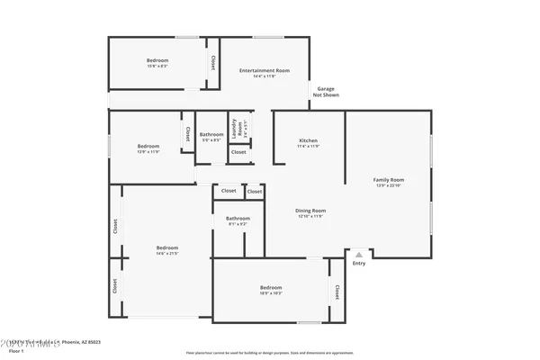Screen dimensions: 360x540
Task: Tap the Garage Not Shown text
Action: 326,91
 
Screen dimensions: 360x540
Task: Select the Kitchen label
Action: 309,141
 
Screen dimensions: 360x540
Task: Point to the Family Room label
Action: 389,180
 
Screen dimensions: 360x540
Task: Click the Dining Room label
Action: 309,211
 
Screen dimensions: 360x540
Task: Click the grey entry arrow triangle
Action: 359,255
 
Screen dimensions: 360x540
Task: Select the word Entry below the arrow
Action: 359,264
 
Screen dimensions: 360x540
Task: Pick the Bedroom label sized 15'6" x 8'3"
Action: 157,60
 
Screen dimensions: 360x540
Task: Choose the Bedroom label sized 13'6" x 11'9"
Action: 148,146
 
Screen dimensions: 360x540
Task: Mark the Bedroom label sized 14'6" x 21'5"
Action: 166,247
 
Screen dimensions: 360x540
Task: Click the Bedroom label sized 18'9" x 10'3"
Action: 271,289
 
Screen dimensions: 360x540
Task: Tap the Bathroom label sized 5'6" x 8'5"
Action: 211,136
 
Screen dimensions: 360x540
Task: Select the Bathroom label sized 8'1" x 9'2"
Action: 238,218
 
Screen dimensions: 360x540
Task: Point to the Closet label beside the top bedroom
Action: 213,63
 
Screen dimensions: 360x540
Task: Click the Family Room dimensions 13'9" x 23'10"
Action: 389,186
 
